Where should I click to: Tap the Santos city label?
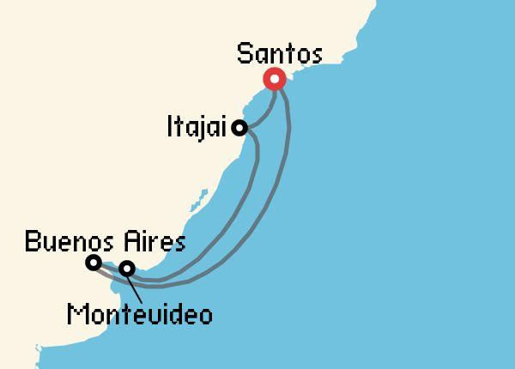pyautogui.click(x=279, y=56)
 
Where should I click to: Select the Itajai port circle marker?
pyautogui.click(x=240, y=128)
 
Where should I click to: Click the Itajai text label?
pyautogui.click(x=196, y=129)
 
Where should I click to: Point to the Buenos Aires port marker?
pyautogui.click(x=94, y=263)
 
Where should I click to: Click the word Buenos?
pyautogui.click(x=64, y=241)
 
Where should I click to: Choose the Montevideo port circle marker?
pyautogui.click(x=127, y=269)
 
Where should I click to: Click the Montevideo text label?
pyautogui.click(x=139, y=315)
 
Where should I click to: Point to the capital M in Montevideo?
pyautogui.click(x=75, y=315)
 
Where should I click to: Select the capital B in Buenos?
pyautogui.click(x=32, y=241)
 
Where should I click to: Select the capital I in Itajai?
pyautogui.click(x=171, y=129)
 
